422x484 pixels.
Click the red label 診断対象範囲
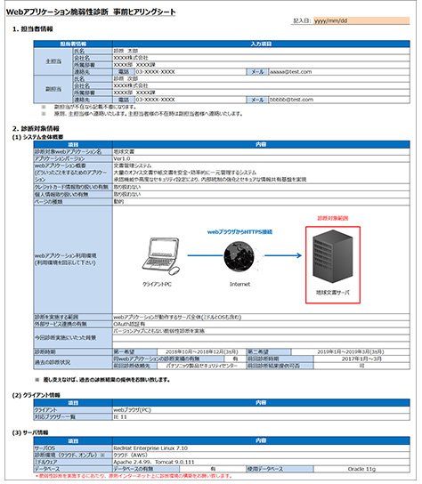(331, 216)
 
